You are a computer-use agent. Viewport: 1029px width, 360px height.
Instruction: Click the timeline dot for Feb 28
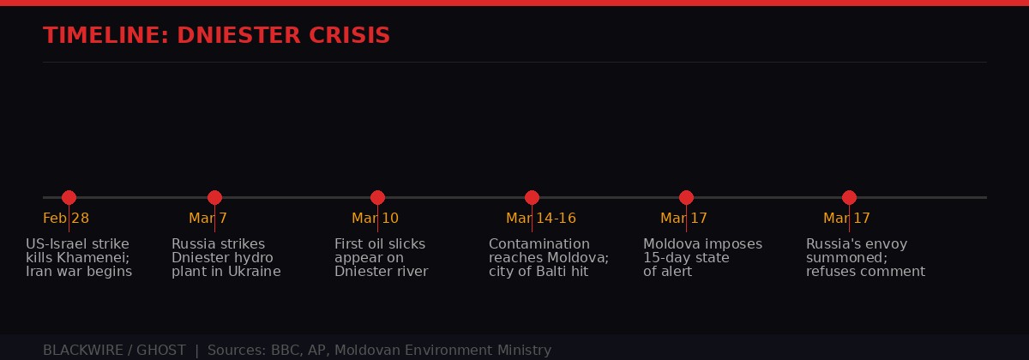(69, 197)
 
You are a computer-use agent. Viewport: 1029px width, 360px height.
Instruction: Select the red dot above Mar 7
(214, 197)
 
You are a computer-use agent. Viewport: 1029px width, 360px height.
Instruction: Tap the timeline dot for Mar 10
(377, 197)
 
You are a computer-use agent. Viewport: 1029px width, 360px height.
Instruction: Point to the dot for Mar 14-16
(532, 197)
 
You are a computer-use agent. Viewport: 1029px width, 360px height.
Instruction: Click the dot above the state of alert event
(686, 197)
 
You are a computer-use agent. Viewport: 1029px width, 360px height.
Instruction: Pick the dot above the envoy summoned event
(849, 197)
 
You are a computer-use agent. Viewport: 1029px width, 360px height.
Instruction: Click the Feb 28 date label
(66, 219)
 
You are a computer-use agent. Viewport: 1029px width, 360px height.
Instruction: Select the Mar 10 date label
(375, 219)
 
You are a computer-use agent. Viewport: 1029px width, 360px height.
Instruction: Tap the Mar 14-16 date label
(540, 219)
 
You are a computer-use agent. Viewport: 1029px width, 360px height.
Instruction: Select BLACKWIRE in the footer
(80, 350)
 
